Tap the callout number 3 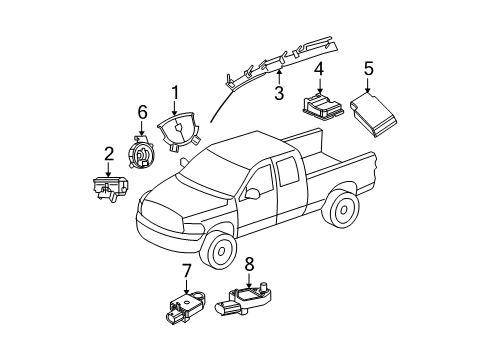279,93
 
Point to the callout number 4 319,69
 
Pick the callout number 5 368,69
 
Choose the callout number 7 186,270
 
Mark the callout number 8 248,265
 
